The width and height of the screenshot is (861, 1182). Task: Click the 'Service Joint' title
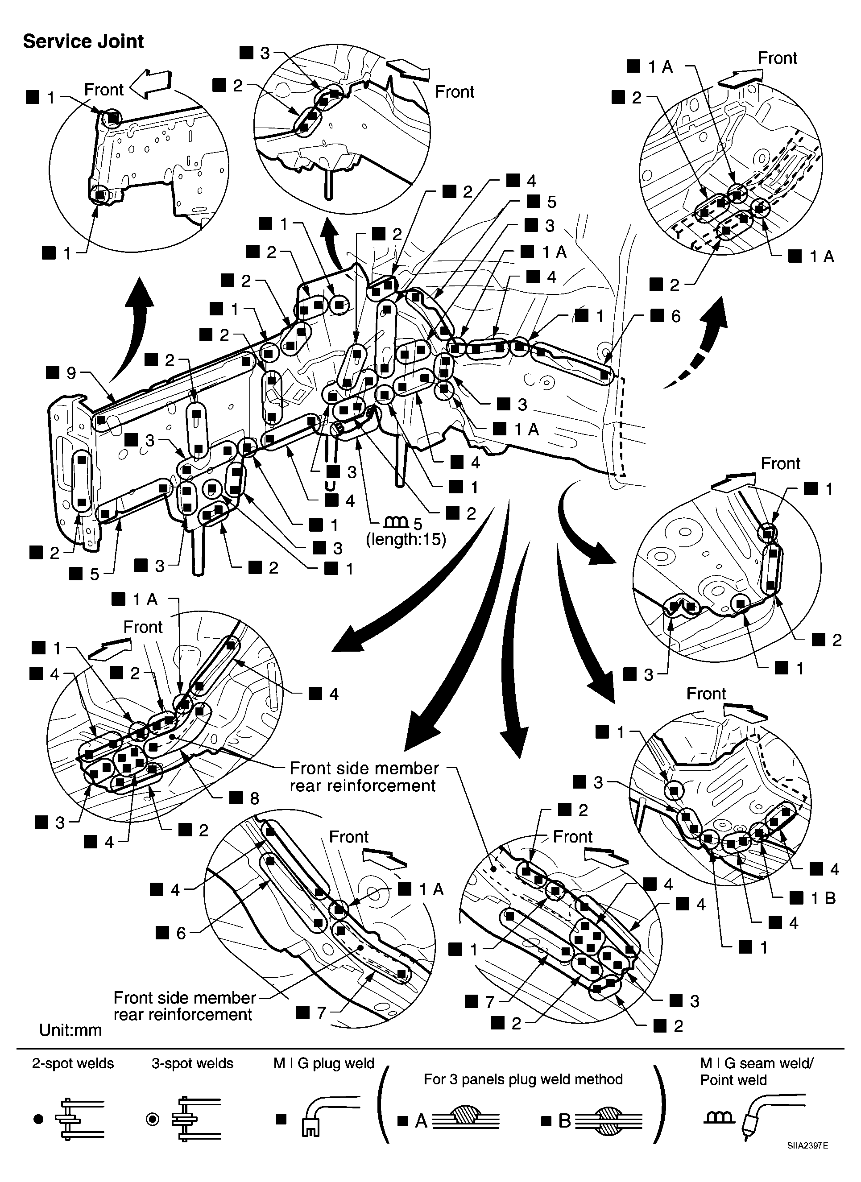(x=83, y=41)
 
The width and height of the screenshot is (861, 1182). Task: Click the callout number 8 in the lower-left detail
(x=254, y=798)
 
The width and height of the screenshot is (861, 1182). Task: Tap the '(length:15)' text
(x=406, y=539)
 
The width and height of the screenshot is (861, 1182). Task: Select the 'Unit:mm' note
(x=70, y=1030)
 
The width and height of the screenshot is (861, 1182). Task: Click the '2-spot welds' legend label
(x=73, y=1064)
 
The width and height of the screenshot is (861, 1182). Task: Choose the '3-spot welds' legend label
(x=192, y=1064)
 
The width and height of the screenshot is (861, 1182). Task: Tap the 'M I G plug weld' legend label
(x=324, y=1064)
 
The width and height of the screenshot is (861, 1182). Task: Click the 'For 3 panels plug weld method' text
(x=523, y=1079)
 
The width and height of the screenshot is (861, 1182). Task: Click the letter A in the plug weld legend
(x=421, y=1121)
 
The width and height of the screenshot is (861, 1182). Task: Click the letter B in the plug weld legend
(x=564, y=1121)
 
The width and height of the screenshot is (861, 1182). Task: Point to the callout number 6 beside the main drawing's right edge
(x=675, y=316)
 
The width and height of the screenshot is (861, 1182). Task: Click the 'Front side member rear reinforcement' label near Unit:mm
(x=184, y=1006)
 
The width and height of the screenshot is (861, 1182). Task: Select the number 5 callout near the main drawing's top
(x=551, y=202)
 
